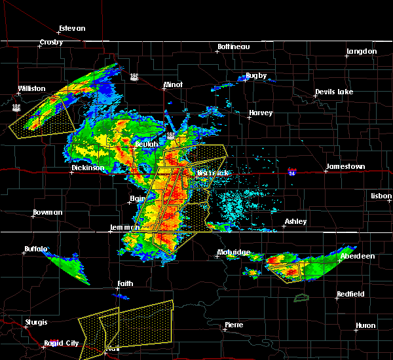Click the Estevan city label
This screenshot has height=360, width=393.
pyautogui.click(x=72, y=29)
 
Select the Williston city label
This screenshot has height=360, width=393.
pyautogui.click(x=31, y=88)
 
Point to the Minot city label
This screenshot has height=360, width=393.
pyautogui.click(x=173, y=85)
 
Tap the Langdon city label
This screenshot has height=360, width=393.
pyautogui.click(x=361, y=51)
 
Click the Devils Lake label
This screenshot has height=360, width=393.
pyautogui.click(x=335, y=92)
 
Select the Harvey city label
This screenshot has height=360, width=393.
pyautogui.click(x=260, y=113)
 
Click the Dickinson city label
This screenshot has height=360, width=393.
pyautogui.click(x=88, y=168)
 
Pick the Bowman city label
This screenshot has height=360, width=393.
pyautogui.click(x=48, y=213)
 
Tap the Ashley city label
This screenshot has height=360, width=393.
pyautogui.click(x=295, y=222)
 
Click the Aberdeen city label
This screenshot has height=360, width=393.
pyautogui.click(x=358, y=257)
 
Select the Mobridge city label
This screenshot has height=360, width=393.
pyautogui.click(x=234, y=253)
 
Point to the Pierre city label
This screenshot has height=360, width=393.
pyautogui.click(x=234, y=325)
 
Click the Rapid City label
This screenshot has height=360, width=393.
pyautogui.click(x=62, y=343)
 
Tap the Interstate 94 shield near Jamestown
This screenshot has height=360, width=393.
pyautogui.click(x=292, y=172)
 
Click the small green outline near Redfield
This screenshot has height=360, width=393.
pyautogui.click(x=302, y=298)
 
